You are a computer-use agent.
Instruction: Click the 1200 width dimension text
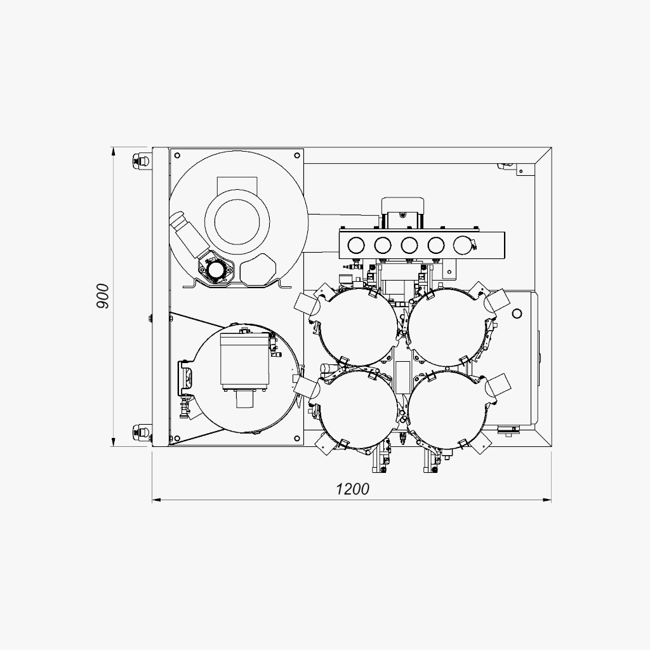(x=352, y=489)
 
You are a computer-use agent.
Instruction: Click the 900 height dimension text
(x=102, y=296)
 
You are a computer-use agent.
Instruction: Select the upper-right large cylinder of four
(x=447, y=328)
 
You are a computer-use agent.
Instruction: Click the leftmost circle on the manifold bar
(x=355, y=245)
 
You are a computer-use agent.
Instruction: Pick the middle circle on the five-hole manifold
(x=409, y=245)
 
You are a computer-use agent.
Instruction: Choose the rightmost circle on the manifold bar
(x=462, y=245)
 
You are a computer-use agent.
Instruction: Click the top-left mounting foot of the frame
(x=140, y=161)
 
